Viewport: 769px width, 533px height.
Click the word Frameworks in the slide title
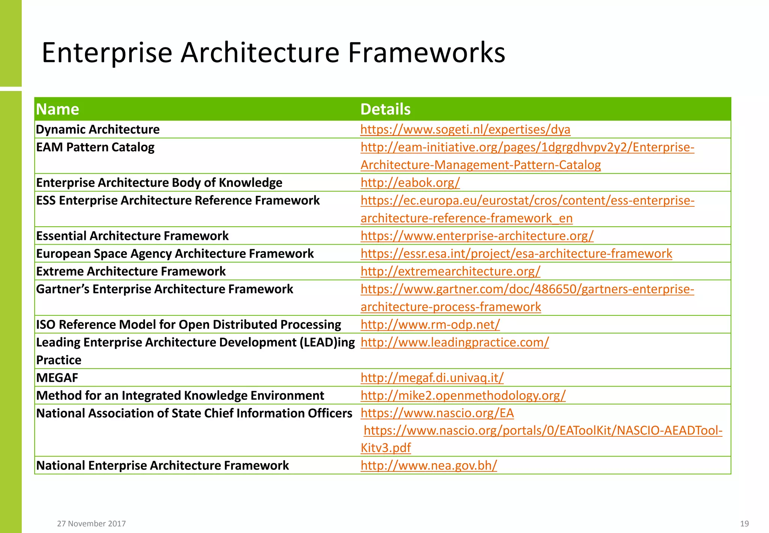[426, 53]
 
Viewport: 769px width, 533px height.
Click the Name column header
[57, 109]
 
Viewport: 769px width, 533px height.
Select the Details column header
[385, 109]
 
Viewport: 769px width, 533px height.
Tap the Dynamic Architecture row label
[98, 129]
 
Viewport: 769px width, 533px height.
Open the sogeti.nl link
[465, 129]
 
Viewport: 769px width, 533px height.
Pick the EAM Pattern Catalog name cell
[95, 147]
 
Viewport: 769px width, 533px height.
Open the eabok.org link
[410, 183]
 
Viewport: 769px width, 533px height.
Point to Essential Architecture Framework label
[132, 236]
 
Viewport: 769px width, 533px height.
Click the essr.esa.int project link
[516, 254]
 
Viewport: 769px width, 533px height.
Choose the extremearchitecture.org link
[450, 271]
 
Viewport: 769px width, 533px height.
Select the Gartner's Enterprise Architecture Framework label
[164, 289]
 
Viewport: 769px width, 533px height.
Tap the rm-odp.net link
[430, 324]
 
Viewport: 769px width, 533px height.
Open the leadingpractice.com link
[455, 342]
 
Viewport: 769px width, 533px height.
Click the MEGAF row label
[57, 378]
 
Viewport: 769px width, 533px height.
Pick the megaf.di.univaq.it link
[432, 378]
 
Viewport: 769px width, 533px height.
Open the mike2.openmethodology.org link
[463, 395]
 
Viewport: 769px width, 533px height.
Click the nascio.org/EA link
[437, 413]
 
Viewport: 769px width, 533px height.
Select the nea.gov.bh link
[429, 465]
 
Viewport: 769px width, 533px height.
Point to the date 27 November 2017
[91, 524]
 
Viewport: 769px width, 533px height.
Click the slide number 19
[744, 524]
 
